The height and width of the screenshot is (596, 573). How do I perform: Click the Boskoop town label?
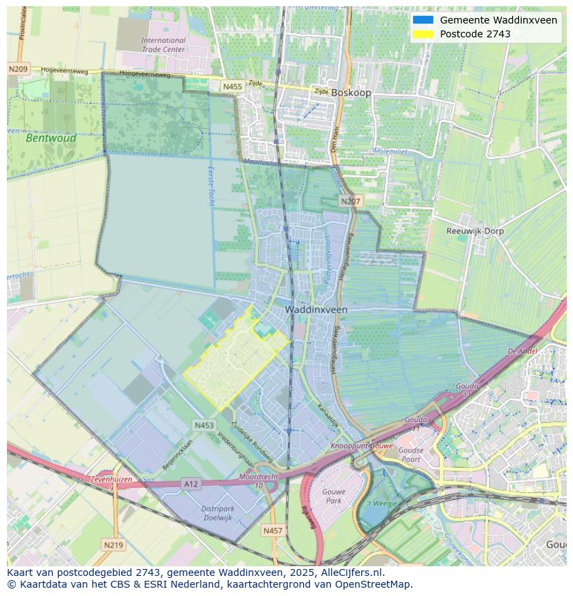351,93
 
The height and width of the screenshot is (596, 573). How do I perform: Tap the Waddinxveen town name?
316,310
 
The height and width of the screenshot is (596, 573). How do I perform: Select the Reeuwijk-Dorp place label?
475,231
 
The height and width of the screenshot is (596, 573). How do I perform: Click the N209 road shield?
19,69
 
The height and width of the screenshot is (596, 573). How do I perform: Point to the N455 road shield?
233,87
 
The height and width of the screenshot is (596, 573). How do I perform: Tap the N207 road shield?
350,201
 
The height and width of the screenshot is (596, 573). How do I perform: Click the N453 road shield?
204,426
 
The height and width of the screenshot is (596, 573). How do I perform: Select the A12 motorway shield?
191,484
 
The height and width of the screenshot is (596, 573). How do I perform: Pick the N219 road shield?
113,545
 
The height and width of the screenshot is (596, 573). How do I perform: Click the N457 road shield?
273,531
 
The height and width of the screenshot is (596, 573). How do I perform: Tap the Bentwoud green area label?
42,138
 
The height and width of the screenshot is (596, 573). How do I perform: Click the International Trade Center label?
163,45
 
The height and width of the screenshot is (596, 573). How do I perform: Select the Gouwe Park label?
334,496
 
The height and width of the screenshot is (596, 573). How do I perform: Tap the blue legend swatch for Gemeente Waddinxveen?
423,20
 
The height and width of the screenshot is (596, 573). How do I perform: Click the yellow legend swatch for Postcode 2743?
423,34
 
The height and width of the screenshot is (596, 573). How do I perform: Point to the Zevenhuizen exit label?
111,479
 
